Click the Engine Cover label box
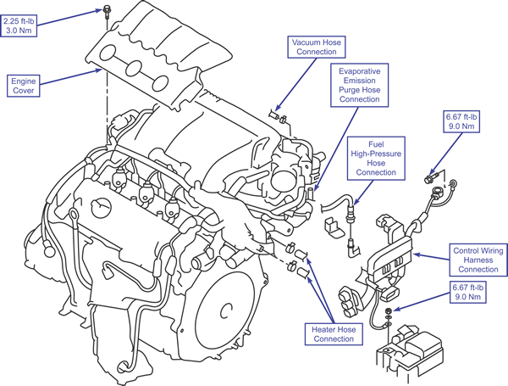[x=24, y=86]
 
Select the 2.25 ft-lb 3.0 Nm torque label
[x=19, y=26]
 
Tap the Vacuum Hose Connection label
[x=316, y=47]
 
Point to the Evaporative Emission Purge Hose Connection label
[x=359, y=85]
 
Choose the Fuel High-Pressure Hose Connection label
[x=376, y=159]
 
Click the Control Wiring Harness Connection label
[x=478, y=260]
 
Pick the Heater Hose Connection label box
[x=334, y=334]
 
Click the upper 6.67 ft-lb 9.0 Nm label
[x=461, y=121]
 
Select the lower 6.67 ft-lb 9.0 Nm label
[x=468, y=292]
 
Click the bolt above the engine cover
[x=106, y=12]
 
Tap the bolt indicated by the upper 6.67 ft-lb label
[x=431, y=178]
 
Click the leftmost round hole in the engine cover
[x=108, y=53]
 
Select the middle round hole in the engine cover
[x=134, y=68]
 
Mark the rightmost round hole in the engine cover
[x=160, y=83]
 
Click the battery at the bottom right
[x=410, y=354]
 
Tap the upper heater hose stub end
[x=302, y=255]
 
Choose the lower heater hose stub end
[x=302, y=272]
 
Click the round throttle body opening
[x=282, y=180]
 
